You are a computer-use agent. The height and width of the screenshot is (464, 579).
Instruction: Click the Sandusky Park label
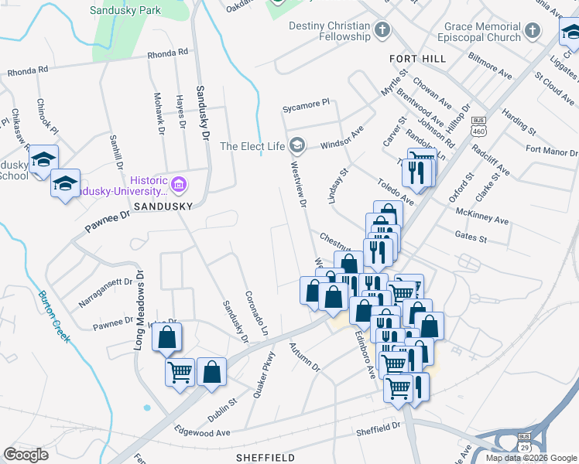125,10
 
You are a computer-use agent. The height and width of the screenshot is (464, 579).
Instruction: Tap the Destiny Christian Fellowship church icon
381,31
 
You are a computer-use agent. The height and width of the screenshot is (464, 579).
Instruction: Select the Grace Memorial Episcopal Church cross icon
532,31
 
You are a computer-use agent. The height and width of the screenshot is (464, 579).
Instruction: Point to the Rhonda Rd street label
167,53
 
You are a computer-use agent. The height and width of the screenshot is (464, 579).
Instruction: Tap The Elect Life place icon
296,145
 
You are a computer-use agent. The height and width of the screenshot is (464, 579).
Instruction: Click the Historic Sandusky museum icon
179,185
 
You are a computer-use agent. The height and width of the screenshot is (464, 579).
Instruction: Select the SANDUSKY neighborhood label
162,207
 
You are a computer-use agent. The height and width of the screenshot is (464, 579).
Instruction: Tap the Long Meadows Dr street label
139,309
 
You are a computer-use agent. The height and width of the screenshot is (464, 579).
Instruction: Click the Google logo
26,455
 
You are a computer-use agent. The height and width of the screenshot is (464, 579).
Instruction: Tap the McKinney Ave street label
482,217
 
